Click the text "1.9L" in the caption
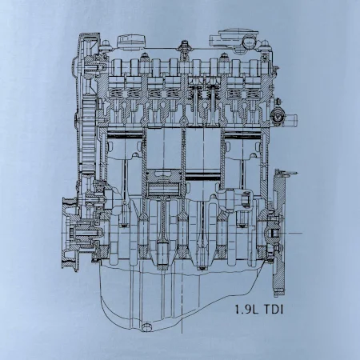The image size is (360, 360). click(246, 310)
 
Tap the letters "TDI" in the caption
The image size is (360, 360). click(273, 310)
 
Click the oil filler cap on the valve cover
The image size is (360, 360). click(132, 42)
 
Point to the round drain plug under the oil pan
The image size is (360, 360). click(146, 327)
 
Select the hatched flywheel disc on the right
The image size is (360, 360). click(279, 233)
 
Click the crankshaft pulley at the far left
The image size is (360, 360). click(70, 234)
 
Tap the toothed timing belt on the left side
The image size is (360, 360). click(88, 136)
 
